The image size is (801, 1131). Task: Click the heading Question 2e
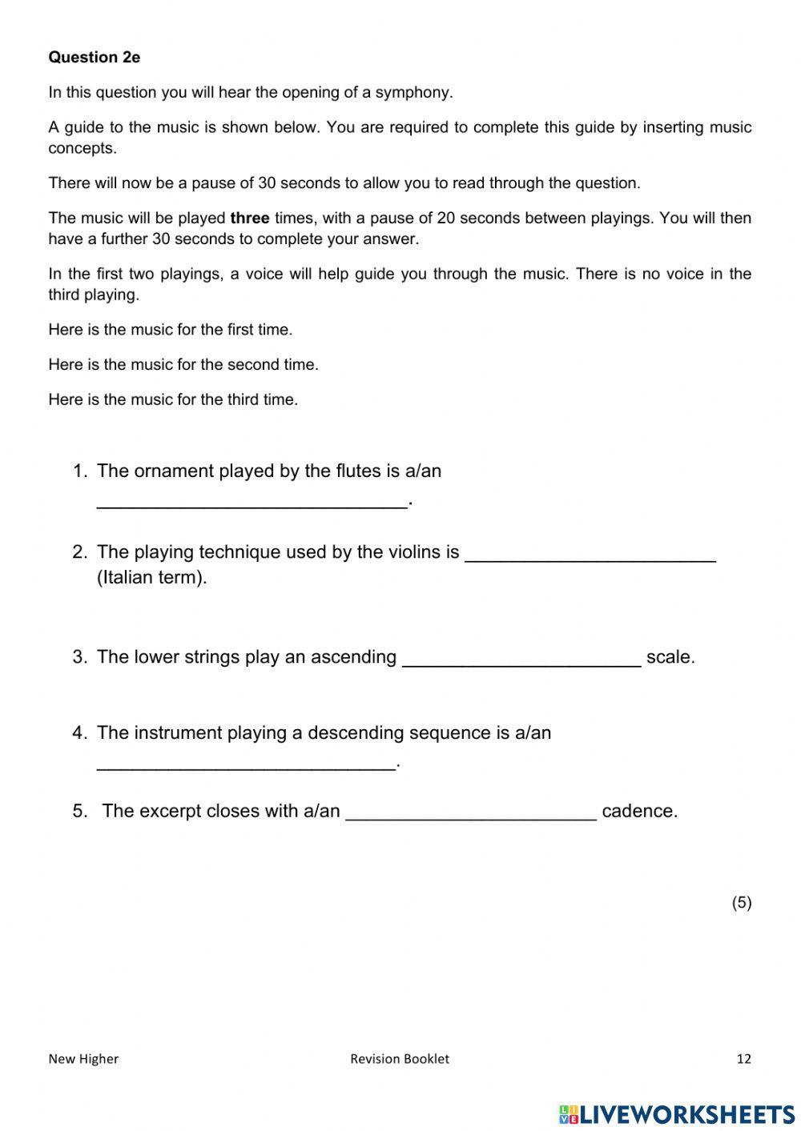click(94, 57)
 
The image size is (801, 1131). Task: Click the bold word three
click(249, 218)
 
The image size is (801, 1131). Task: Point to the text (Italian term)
click(151, 577)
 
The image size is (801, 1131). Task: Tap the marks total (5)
click(741, 902)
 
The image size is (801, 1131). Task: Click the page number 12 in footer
click(743, 1058)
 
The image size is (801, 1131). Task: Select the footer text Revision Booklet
click(399, 1058)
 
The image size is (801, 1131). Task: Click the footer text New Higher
click(83, 1058)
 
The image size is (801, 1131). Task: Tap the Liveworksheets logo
click(676, 1113)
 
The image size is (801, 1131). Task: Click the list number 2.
click(78, 551)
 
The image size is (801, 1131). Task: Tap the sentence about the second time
click(183, 364)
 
